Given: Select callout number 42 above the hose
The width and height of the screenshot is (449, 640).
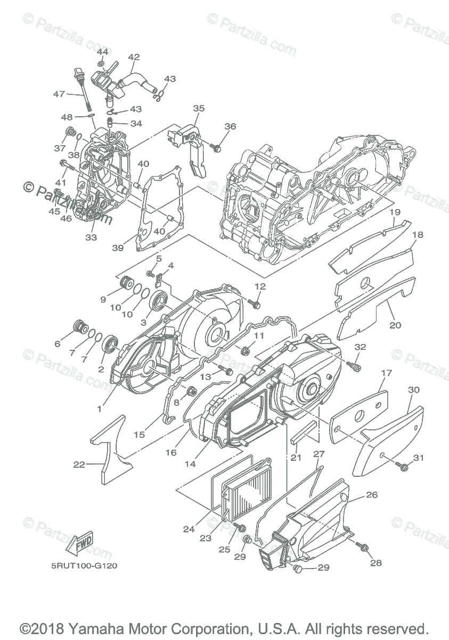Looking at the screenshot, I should pos(134,57).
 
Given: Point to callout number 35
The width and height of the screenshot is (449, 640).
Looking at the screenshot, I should pos(199,108).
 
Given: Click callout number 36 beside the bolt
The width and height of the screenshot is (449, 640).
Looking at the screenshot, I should pos(230,126).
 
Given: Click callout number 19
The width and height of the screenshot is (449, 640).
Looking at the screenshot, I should pos(395,212).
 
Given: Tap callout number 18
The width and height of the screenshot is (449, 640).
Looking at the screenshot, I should pos(417,235).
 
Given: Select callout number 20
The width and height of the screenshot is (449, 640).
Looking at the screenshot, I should pos(395,325).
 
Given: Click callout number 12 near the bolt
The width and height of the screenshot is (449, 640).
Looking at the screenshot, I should pos(259,286).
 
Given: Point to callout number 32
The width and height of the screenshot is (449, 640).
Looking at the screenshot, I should pos(361,347).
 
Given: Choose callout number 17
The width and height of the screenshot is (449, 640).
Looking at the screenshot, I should pos(386,373).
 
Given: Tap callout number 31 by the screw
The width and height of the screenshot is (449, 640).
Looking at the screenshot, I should pos(419,457).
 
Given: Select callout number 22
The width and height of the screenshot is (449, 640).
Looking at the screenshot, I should pos(79,465).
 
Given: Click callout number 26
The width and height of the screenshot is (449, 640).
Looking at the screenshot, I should pos(371,495).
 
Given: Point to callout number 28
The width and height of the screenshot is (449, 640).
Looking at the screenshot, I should pos(376,563).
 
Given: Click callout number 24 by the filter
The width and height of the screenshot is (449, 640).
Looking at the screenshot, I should pos(189,530).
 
